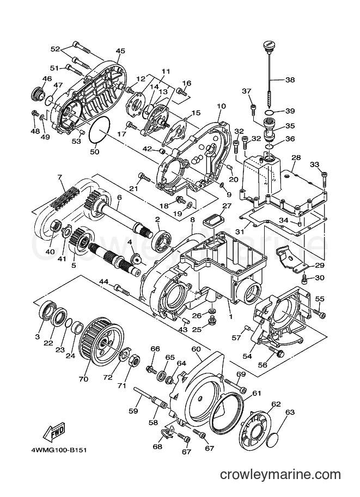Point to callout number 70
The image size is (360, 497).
(83, 379)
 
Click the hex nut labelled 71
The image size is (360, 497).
(132, 362)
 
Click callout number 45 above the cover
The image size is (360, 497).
(120, 51)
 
